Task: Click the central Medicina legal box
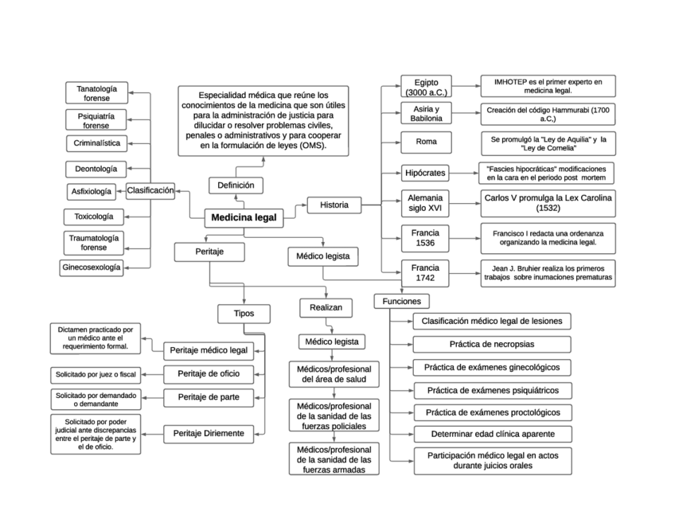pyautogui.click(x=244, y=217)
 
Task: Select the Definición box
pyautogui.click(x=236, y=185)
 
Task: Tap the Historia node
pyautogui.click(x=334, y=205)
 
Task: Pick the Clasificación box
pyautogui.click(x=150, y=190)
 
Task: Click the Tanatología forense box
pyautogui.click(x=96, y=93)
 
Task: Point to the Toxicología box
pyautogui.click(x=94, y=216)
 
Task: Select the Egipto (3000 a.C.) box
pyautogui.click(x=426, y=86)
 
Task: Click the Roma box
pyautogui.click(x=426, y=142)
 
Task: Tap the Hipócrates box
pyautogui.click(x=425, y=172)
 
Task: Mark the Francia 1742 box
pyautogui.click(x=425, y=272)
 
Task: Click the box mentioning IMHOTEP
pyautogui.click(x=548, y=86)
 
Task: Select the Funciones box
pyautogui.click(x=401, y=301)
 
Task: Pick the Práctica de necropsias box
pyautogui.click(x=491, y=344)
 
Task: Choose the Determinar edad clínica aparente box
pyautogui.click(x=491, y=434)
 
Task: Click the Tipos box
pyautogui.click(x=244, y=314)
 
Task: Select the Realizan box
pyautogui.click(x=325, y=307)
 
